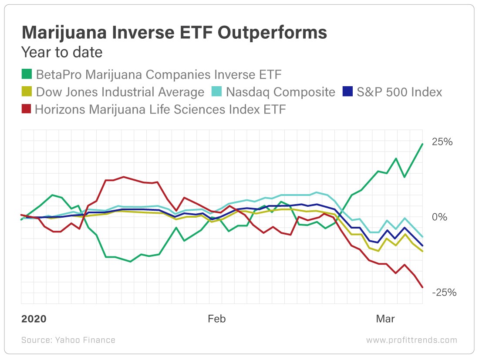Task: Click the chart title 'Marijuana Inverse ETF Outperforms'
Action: [x=174, y=32]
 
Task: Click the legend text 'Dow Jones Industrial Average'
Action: [x=120, y=92]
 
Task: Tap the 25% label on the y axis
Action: [x=442, y=142]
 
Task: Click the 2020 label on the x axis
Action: [x=34, y=319]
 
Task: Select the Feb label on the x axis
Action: [x=216, y=319]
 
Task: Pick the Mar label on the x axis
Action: [x=385, y=319]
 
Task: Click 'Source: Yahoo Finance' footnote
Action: [x=68, y=340]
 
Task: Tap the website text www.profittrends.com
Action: [x=412, y=340]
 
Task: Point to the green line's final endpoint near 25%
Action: [x=422, y=144]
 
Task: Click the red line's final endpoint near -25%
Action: [x=422, y=287]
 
